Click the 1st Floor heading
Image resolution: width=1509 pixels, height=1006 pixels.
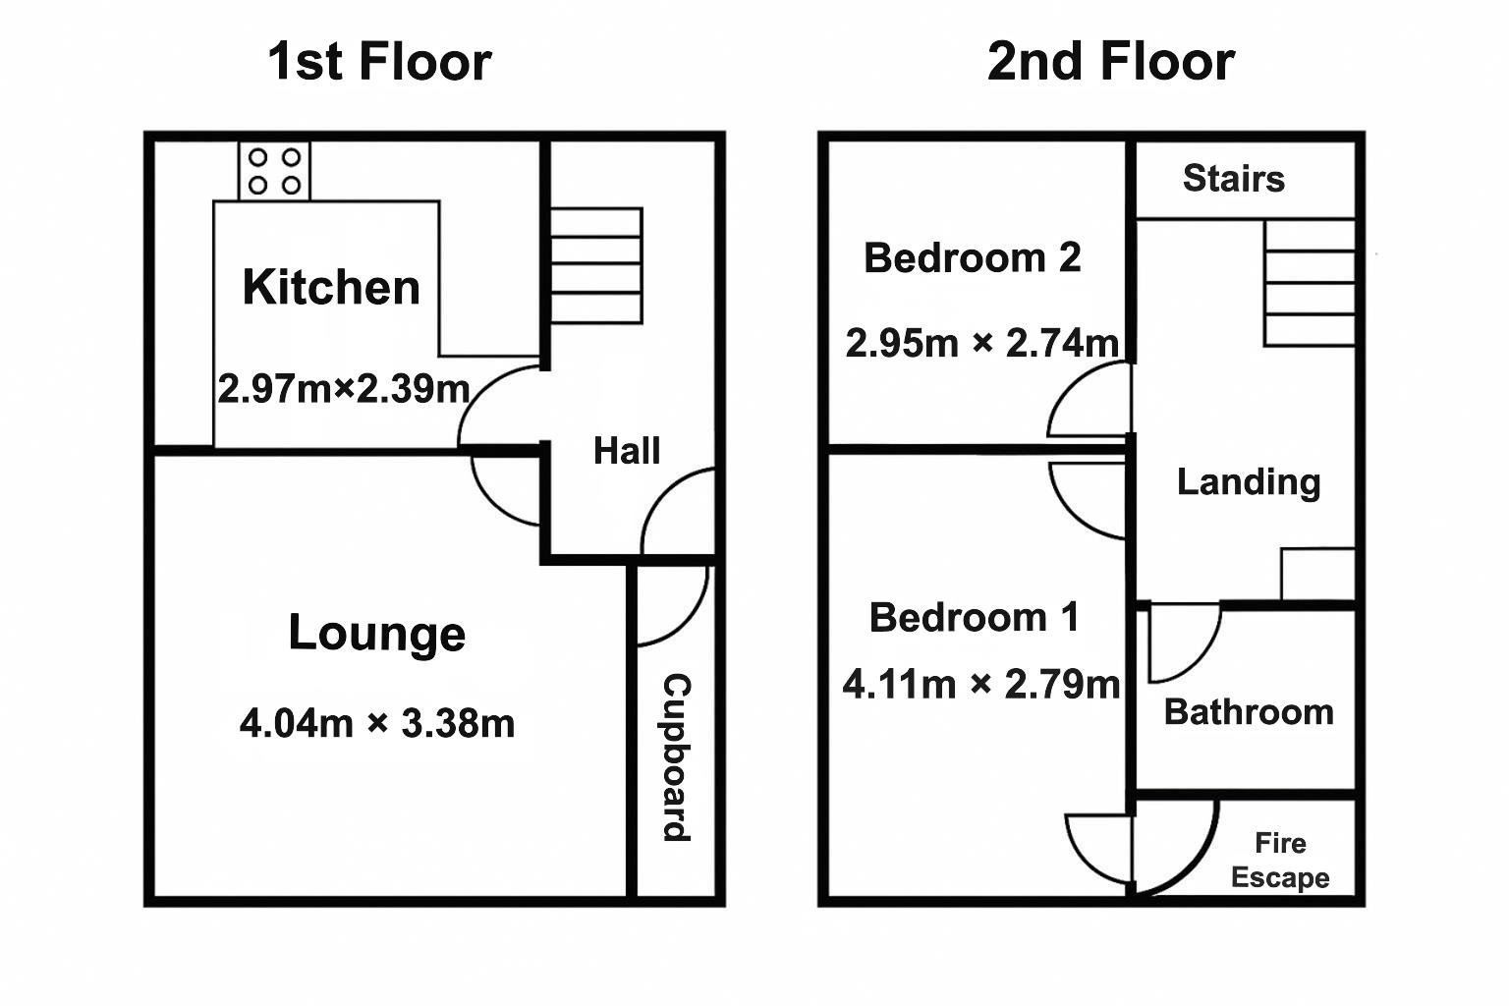tap(379, 61)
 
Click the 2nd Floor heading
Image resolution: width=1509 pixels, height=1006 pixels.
tap(1110, 61)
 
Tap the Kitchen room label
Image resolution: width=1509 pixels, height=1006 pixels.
tap(331, 287)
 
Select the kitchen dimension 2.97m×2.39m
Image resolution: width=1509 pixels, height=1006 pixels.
tap(343, 389)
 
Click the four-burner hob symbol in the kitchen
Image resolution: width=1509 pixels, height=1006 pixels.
tap(274, 171)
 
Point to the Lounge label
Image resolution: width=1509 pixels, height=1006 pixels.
tap(376, 634)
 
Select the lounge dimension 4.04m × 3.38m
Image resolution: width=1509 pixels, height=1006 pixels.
tap(376, 724)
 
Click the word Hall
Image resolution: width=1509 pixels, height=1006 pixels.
tap(627, 451)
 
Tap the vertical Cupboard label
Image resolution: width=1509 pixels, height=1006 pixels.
tap(677, 757)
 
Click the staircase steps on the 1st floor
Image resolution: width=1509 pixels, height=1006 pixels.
tap(595, 265)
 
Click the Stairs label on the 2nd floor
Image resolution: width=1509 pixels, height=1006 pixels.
tap(1233, 179)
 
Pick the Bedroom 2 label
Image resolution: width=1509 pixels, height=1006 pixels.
tap(972, 258)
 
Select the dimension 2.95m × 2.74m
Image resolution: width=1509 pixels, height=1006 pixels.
tap(981, 343)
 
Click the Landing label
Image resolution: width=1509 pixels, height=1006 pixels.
tap(1248, 481)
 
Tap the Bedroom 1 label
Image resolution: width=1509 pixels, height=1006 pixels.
tap(974, 618)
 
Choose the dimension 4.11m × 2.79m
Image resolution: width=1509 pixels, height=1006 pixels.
tap(980, 684)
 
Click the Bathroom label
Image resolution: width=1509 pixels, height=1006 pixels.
tap(1248, 711)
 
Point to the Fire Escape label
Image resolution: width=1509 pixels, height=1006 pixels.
tap(1280, 860)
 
